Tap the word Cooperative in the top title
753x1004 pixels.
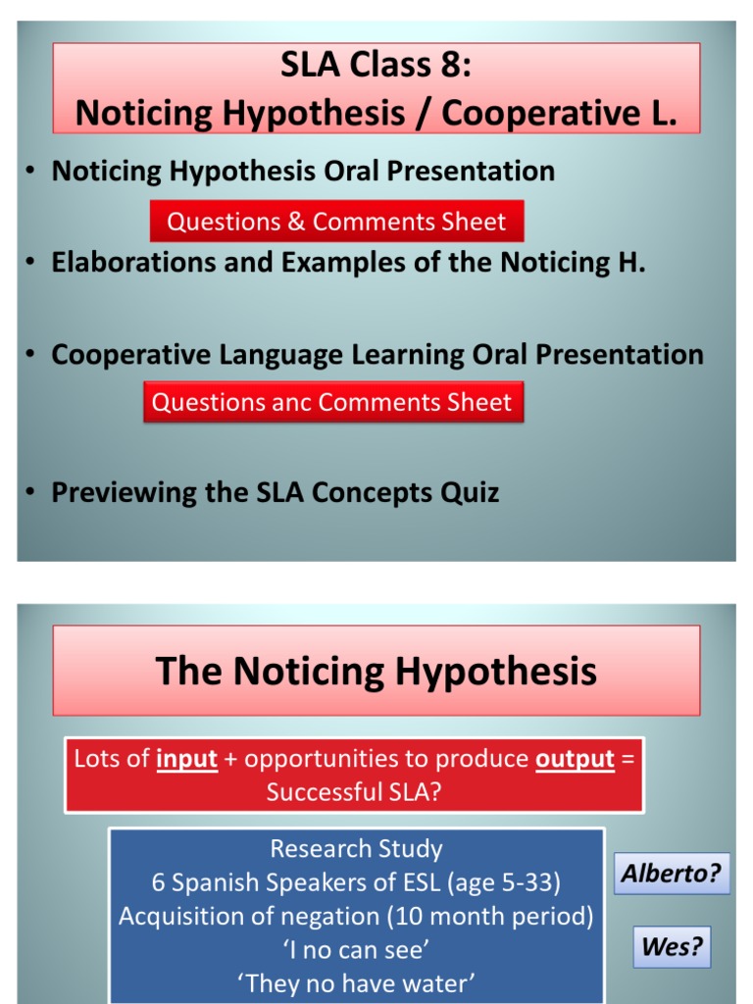(x=541, y=113)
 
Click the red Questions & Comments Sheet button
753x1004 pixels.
(x=337, y=221)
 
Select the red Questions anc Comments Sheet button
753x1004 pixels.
(x=333, y=402)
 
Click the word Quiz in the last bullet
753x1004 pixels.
(x=470, y=492)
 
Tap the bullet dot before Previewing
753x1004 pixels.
(x=30, y=492)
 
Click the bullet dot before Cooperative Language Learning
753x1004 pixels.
(x=30, y=355)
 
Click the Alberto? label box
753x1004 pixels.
(x=672, y=873)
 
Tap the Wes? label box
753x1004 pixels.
(x=673, y=946)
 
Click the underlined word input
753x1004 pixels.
(x=187, y=759)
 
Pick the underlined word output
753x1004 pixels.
(x=575, y=759)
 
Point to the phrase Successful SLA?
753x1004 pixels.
(x=354, y=792)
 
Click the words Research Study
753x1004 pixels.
(x=356, y=848)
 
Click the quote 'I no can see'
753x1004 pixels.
(x=356, y=949)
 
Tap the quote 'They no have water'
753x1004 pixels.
(x=356, y=982)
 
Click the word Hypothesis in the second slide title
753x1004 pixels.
(x=495, y=671)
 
